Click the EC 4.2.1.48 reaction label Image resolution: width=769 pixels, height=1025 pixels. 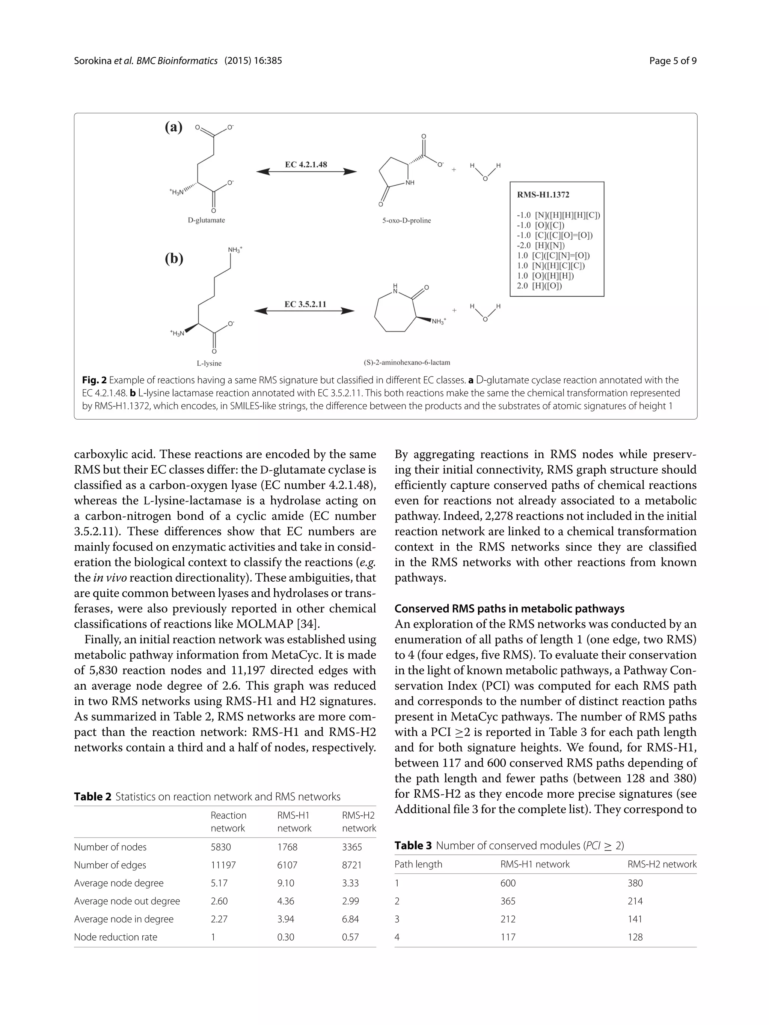[x=306, y=165]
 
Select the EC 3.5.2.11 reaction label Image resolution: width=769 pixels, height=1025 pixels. [x=305, y=305]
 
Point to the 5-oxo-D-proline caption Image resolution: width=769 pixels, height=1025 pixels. [x=406, y=221]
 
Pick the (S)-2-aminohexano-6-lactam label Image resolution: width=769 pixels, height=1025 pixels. [x=406, y=362]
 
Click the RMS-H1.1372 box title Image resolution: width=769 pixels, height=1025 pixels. [x=543, y=195]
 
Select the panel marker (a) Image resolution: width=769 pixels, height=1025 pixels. [x=174, y=127]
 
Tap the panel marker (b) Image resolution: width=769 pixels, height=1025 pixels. [x=174, y=258]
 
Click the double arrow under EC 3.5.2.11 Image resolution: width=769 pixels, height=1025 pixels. [x=305, y=311]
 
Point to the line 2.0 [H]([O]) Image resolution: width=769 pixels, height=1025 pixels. [x=540, y=286]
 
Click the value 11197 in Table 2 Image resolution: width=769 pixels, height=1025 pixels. [x=223, y=865]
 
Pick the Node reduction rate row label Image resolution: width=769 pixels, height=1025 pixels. [x=116, y=937]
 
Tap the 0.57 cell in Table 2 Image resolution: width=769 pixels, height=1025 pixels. [x=350, y=937]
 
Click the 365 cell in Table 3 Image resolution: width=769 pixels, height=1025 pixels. [x=508, y=901]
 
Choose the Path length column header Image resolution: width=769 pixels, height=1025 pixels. [x=418, y=864]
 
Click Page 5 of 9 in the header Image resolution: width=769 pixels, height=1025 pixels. [x=672, y=61]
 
